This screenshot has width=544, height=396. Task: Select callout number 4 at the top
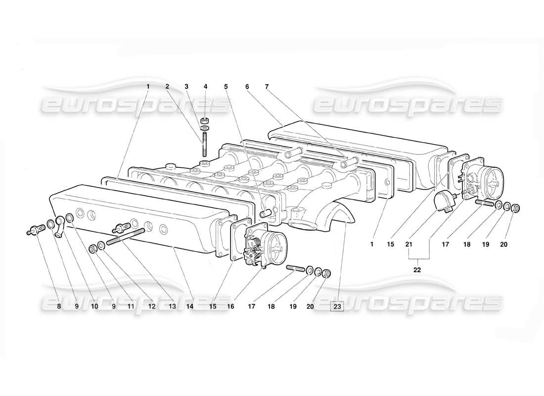point(205,87)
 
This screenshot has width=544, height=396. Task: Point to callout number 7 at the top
point(267,87)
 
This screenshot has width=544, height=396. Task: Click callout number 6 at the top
point(246,87)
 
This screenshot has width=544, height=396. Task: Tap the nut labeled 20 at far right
point(516,207)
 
